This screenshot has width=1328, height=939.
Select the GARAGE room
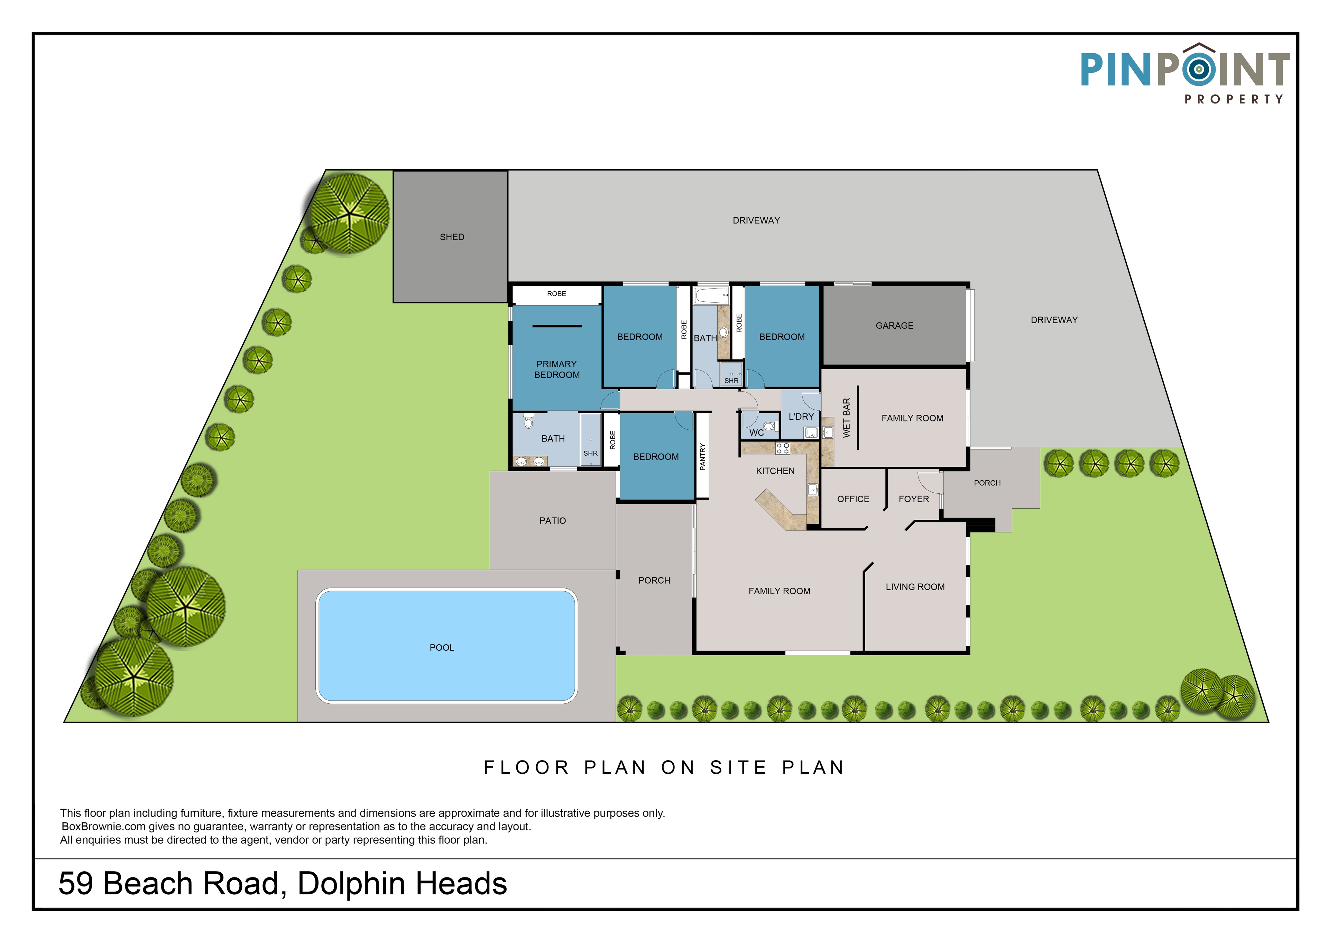point(894,325)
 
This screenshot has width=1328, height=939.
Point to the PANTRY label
point(703,456)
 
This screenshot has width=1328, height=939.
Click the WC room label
point(757,433)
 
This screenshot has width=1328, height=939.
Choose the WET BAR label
point(847,418)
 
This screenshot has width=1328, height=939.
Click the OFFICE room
point(853,498)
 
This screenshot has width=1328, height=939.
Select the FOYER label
point(914,499)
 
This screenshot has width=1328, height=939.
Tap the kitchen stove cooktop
point(783,448)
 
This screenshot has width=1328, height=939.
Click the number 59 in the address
point(76,884)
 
